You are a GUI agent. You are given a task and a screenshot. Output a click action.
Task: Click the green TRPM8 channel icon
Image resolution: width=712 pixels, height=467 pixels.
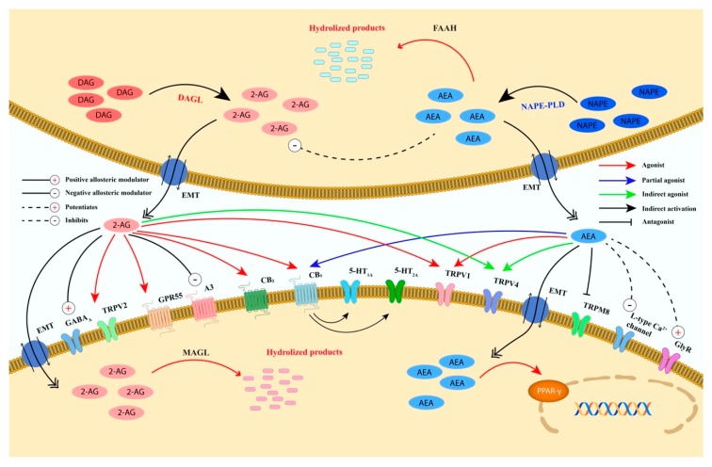pyautogui.click(x=579, y=325)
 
